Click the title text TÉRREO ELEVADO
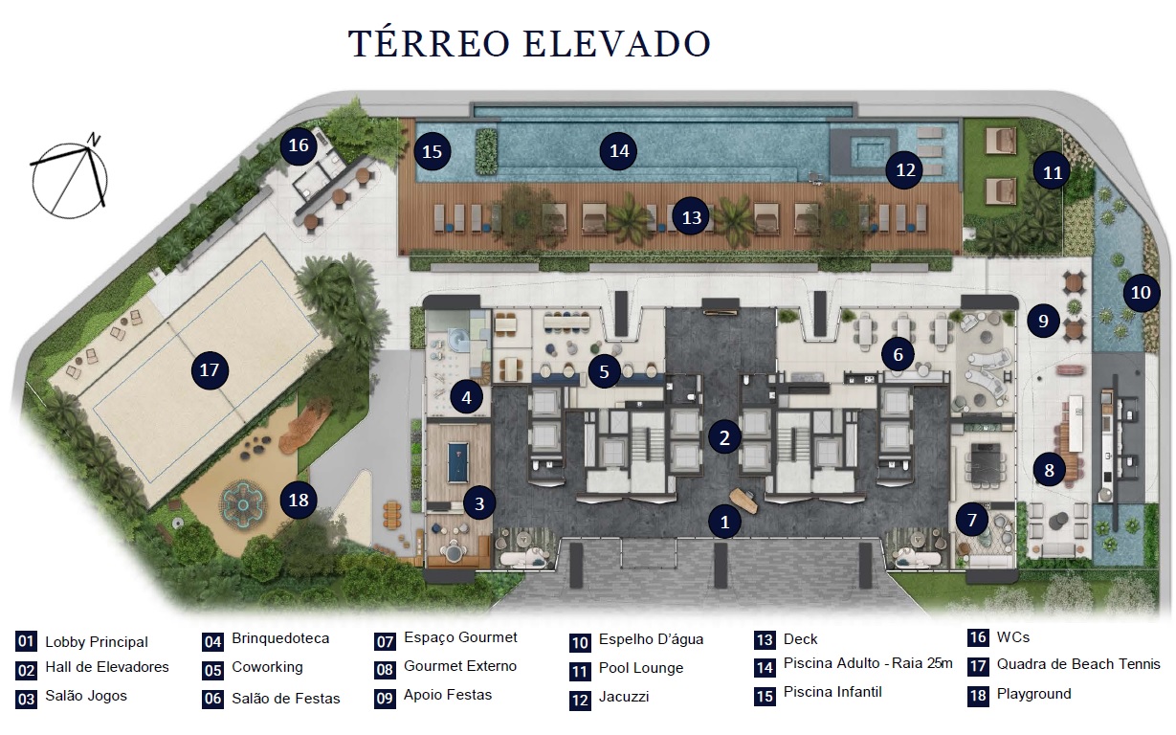click(529, 45)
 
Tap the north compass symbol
click(69, 176)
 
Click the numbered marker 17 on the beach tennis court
click(211, 369)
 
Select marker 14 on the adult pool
click(619, 151)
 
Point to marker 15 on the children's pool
click(433, 151)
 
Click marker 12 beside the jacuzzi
click(905, 170)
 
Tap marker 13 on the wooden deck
click(692, 217)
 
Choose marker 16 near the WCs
click(299, 145)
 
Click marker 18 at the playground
click(300, 500)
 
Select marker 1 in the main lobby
click(725, 522)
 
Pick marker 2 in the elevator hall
click(725, 438)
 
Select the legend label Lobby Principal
click(97, 642)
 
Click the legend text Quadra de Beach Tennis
click(1078, 664)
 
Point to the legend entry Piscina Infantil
click(832, 692)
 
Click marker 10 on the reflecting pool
click(1139, 292)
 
